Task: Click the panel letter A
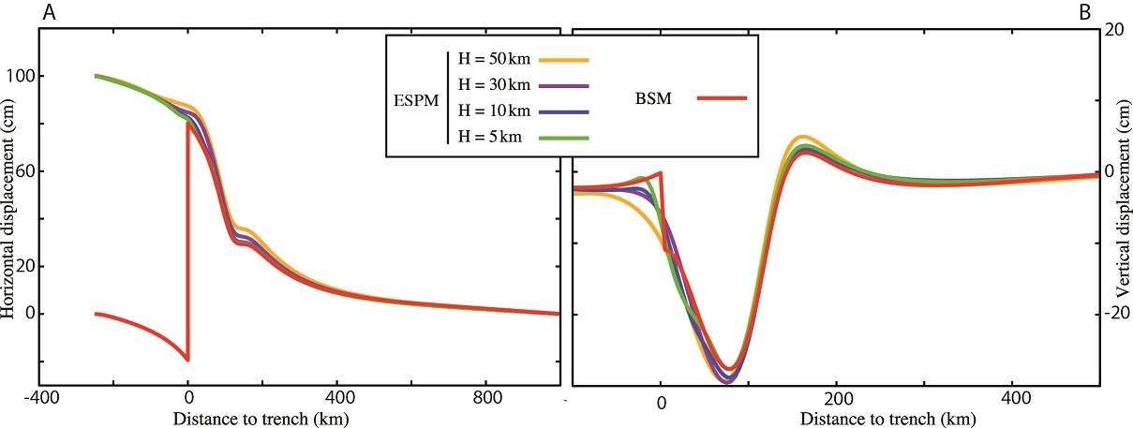tap(8, 13)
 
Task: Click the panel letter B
tap(1111, 14)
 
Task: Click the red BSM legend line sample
tap(722, 96)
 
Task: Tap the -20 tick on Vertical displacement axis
tap(1115, 314)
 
